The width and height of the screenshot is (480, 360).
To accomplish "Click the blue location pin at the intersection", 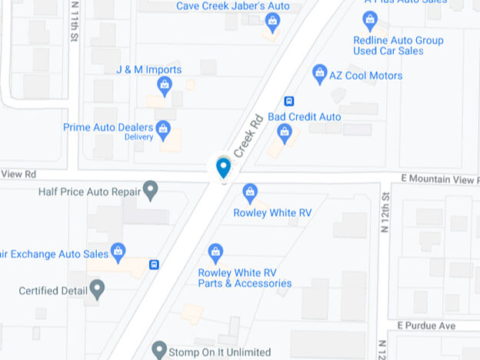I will coord(223,166).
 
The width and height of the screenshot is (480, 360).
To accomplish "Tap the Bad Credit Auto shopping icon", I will coord(285,133).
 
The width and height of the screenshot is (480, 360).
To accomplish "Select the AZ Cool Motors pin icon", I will coord(320,74).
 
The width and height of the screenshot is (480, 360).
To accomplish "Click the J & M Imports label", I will coord(149,69).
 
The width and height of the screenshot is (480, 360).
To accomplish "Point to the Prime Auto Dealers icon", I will coord(163,128).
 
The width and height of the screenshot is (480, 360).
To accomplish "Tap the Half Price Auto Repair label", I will coord(89,191).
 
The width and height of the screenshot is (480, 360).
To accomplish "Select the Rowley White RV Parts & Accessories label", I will coord(245,278).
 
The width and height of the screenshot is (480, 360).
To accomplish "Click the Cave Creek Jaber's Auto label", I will coord(233,5).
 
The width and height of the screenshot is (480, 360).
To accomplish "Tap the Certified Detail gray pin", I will coord(97,289).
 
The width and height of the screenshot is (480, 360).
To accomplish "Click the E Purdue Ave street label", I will coord(427,326).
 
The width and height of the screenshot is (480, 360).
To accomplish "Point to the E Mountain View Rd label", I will coord(440,178).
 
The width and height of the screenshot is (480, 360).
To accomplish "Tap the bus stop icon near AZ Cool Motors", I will coord(289,101).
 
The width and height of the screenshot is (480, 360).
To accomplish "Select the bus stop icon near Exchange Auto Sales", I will coord(155,265).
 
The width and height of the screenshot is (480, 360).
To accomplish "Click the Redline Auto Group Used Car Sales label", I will coord(398,45).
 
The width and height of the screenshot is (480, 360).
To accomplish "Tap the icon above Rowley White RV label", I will coord(249,192).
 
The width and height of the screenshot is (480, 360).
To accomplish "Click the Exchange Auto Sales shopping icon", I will coord(118,251).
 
